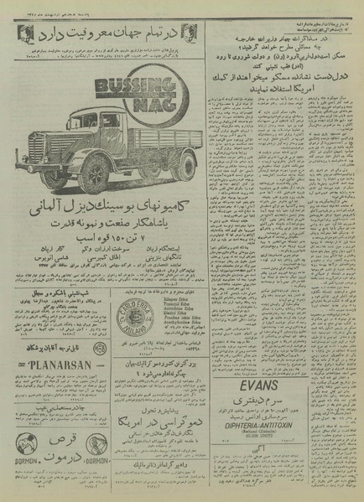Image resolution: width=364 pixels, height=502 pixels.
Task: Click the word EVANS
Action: point(288,361)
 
